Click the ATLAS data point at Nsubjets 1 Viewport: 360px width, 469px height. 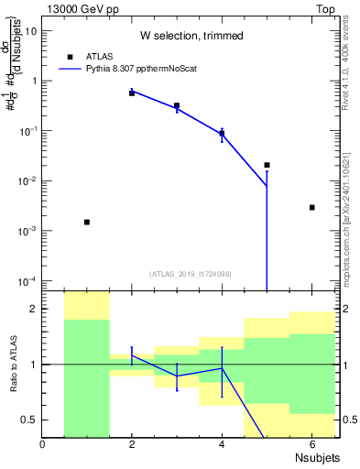(x=87, y=222)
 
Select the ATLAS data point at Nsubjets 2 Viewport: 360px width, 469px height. (x=132, y=93)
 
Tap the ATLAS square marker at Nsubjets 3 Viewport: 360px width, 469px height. (x=177, y=106)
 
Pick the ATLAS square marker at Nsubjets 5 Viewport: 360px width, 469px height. (x=267, y=165)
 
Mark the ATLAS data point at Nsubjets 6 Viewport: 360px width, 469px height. (x=311, y=207)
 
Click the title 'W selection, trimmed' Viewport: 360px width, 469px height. (x=191, y=36)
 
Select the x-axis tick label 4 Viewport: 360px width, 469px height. (x=222, y=444)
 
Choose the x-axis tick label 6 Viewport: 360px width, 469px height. (x=311, y=444)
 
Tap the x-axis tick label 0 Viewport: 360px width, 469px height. (x=43, y=444)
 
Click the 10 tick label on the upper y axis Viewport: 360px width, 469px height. (x=31, y=30)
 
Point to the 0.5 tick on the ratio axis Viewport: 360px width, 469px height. (x=29, y=420)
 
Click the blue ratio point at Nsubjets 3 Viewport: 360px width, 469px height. (x=177, y=376)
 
